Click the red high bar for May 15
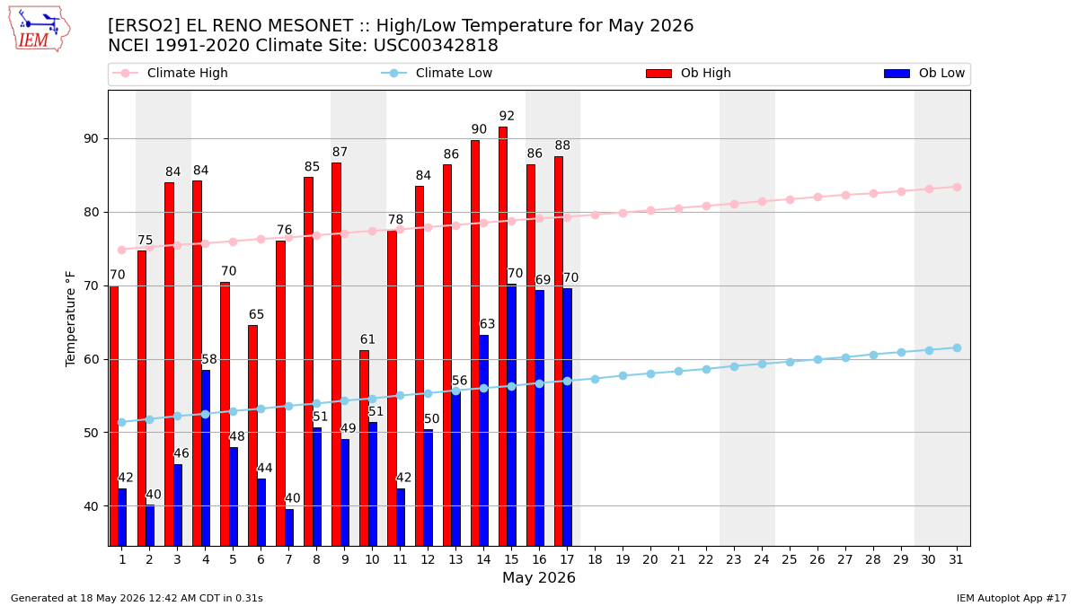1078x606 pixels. pyautogui.click(x=503, y=336)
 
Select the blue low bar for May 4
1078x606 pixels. pyautogui.click(x=206, y=458)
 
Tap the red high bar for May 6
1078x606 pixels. pyautogui.click(x=252, y=435)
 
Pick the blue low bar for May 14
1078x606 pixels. pyautogui.click(x=483, y=441)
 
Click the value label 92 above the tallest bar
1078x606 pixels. pyautogui.click(x=507, y=116)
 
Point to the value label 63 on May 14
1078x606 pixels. pyautogui.click(x=488, y=324)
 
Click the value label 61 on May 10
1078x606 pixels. pyautogui.click(x=367, y=339)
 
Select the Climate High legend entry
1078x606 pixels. pyautogui.click(x=170, y=73)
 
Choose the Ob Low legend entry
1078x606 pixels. pyautogui.click(x=924, y=73)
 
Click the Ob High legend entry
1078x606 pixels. pyautogui.click(x=689, y=73)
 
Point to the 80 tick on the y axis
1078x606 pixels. pyautogui.click(x=91, y=212)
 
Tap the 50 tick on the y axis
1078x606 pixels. pyautogui.click(x=91, y=433)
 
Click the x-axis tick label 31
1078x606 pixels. pyautogui.click(x=956, y=560)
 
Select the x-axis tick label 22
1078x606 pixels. pyautogui.click(x=706, y=560)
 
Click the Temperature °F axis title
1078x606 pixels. pyautogui.click(x=70, y=319)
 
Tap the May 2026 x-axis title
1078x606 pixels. pyautogui.click(x=539, y=577)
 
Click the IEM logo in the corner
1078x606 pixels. pyautogui.click(x=39, y=30)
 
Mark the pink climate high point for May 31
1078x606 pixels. pyautogui.click(x=957, y=187)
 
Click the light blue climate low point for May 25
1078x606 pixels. pyautogui.click(x=790, y=362)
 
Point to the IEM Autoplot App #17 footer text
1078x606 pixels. pyautogui.click(x=1012, y=598)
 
